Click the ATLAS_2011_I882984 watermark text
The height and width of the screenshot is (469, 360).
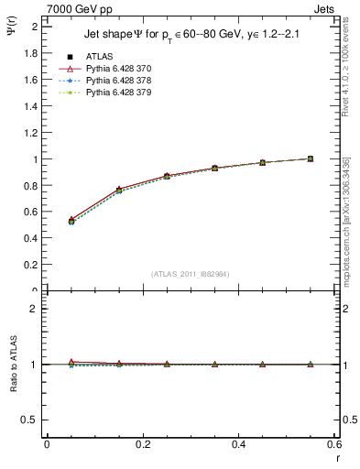(x=191, y=274)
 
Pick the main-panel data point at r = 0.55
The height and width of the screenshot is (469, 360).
(x=311, y=158)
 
